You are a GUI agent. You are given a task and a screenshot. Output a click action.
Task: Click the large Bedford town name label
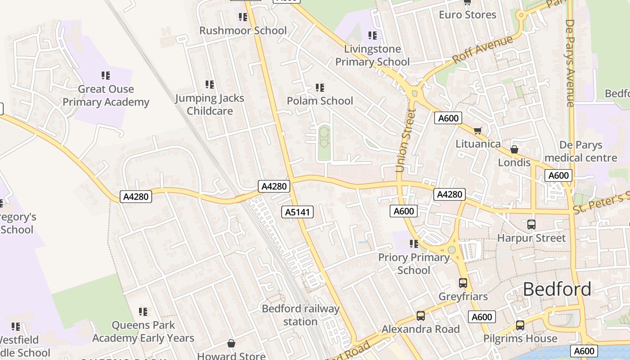557,289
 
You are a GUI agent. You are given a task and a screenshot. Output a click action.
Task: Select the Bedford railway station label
300,315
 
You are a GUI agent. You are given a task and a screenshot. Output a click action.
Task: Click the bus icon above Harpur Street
531,224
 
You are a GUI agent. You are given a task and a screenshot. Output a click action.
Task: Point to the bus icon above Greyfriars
463,283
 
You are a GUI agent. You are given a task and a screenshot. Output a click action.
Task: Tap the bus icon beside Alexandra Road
420,316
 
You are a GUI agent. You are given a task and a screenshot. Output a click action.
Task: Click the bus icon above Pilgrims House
520,325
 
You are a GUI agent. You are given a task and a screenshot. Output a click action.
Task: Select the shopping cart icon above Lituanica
477,131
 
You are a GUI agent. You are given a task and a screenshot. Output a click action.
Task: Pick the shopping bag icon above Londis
514,149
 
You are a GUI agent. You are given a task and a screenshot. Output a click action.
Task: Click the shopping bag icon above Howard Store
231,343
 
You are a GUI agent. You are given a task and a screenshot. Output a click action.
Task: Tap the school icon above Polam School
320,88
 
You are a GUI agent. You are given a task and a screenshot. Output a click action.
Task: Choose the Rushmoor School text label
243,31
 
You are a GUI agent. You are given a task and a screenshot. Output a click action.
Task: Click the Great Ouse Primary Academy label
106,95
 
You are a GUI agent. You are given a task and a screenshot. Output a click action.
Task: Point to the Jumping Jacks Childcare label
210,104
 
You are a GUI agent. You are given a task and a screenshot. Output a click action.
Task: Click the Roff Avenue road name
482,49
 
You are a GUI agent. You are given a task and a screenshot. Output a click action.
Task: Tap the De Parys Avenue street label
570,63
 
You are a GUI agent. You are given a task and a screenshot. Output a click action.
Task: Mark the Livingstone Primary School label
372,55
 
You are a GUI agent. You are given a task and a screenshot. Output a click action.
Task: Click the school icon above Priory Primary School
414,244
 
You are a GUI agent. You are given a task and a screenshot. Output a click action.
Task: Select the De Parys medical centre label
580,152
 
